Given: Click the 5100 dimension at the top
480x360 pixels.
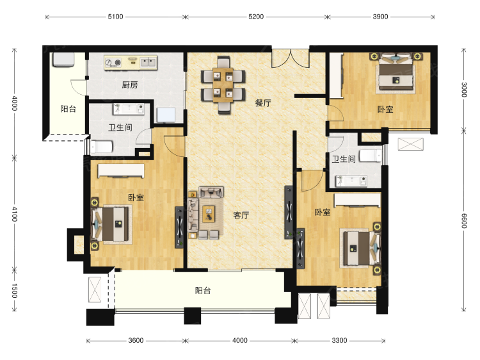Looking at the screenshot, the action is click(115, 17).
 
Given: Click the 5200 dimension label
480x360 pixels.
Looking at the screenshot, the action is click(256, 17).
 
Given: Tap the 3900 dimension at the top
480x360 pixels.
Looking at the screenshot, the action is click(380, 17).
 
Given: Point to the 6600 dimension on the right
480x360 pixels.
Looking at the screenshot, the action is click(464, 220).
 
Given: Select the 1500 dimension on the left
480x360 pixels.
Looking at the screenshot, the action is click(14, 290).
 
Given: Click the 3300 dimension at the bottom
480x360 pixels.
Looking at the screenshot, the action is click(339, 340).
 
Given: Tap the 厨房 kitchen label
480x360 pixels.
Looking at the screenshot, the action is click(130, 85).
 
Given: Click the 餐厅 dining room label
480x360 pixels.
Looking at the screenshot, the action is click(263, 103).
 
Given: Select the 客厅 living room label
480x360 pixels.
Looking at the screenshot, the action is click(241, 215).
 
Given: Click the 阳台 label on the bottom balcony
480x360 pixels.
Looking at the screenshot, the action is click(203, 290).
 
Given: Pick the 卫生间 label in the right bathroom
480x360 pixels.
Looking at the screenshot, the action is click(344, 159).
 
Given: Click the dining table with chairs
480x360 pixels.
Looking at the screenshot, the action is click(223, 85).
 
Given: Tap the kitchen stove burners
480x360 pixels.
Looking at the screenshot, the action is click(113, 63).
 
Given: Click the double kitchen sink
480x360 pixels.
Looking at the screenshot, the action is click(148, 63).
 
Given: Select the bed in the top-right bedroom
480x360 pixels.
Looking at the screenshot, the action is click(396, 73).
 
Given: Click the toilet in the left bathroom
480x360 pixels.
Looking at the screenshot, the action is click(101, 147).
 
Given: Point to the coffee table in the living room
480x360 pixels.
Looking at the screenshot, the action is click(209, 214).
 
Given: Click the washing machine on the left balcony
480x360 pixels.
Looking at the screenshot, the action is click(63, 60).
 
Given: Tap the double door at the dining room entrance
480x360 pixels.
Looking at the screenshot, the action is click(291, 58).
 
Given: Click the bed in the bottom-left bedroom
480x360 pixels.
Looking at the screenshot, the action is click(112, 224).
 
